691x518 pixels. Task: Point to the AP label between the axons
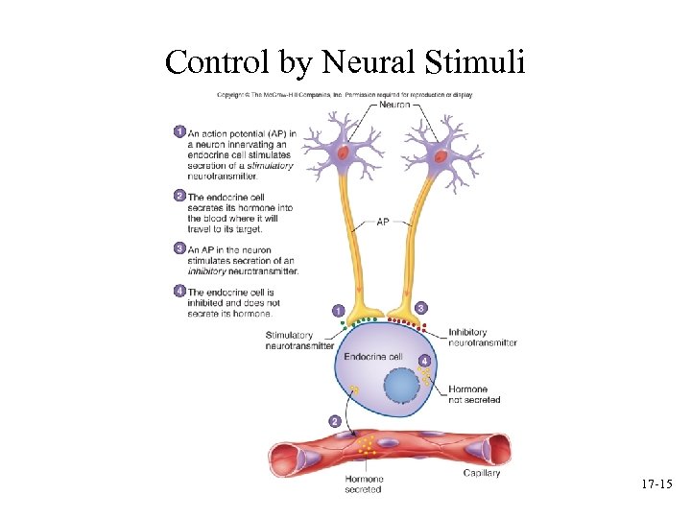(382, 222)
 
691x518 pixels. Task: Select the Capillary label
(482, 473)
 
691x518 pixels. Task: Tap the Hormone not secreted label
(473, 394)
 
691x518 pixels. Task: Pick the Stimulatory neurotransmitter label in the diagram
(299, 341)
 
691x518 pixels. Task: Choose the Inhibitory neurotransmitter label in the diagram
(482, 338)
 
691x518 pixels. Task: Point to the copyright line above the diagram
(344, 95)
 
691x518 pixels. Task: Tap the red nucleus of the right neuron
(441, 154)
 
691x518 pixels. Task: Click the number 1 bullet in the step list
(179, 131)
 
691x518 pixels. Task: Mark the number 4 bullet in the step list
(179, 291)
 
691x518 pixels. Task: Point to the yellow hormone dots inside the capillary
(366, 444)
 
